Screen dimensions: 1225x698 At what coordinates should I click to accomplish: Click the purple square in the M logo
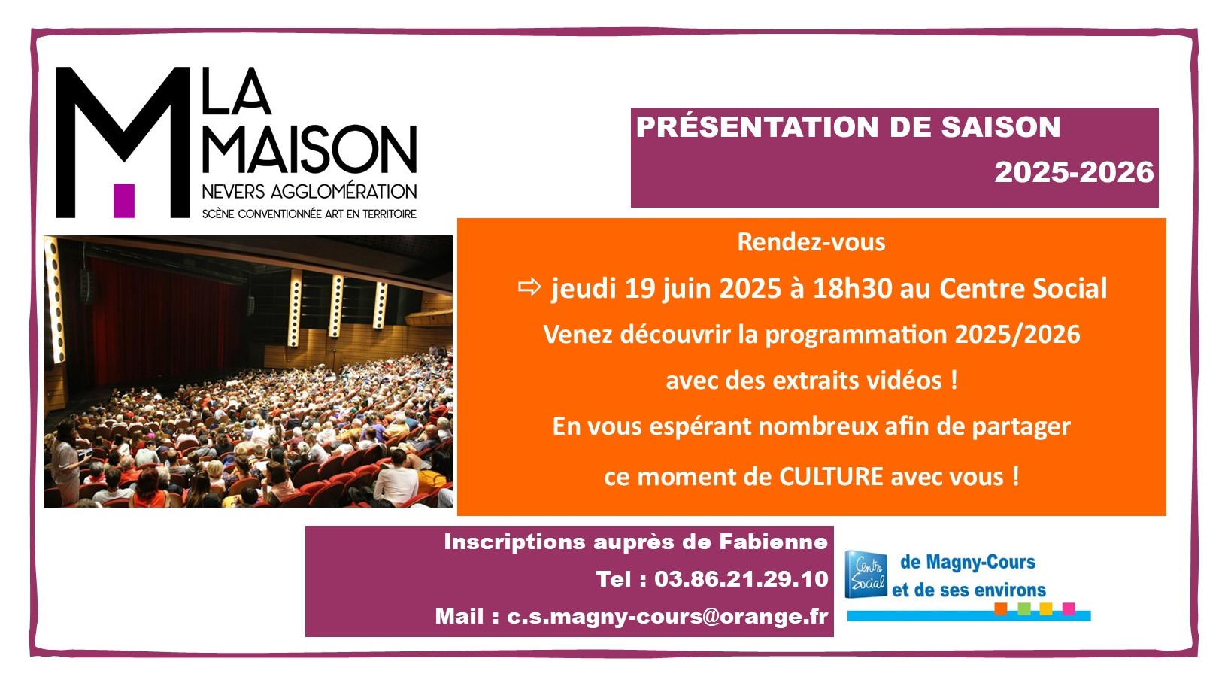(x=123, y=201)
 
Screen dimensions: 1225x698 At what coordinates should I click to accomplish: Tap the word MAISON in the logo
(x=310, y=149)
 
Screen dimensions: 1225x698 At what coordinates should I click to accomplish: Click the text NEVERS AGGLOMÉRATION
(x=310, y=192)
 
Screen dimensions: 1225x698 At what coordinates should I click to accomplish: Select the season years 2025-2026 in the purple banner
(x=1074, y=172)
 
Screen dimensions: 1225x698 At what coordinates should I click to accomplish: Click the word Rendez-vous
(x=811, y=242)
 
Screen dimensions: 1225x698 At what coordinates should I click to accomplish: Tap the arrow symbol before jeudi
(x=529, y=287)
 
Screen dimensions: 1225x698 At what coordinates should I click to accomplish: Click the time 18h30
(x=852, y=288)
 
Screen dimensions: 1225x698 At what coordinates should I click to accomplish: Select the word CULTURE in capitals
(x=831, y=476)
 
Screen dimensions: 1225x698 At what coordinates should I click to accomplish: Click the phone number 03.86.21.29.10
(x=741, y=579)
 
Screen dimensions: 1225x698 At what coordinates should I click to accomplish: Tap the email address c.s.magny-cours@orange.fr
(x=667, y=617)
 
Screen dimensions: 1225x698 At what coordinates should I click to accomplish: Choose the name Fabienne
(x=773, y=542)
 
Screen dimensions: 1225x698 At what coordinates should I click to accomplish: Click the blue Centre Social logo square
(x=866, y=574)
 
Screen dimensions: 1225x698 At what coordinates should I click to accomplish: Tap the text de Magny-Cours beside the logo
(x=968, y=562)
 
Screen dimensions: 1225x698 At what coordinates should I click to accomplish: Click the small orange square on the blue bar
(x=1001, y=608)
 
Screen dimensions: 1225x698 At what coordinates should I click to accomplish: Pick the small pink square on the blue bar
(x=1069, y=608)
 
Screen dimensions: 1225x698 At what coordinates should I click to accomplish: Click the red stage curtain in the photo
(x=164, y=323)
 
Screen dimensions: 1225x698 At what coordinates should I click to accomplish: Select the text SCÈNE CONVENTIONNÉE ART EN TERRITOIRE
(x=310, y=214)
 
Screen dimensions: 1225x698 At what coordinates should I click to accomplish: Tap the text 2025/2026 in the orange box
(x=1017, y=334)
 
